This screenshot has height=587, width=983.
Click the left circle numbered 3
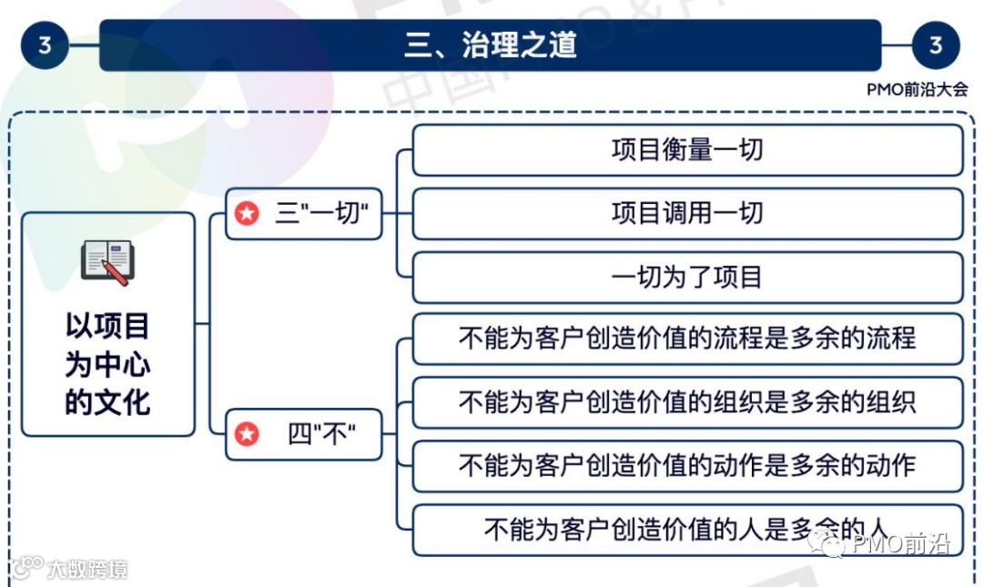click(x=45, y=45)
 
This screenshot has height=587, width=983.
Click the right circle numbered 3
click(x=936, y=45)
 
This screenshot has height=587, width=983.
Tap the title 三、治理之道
click(x=491, y=45)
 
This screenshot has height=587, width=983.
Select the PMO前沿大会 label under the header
click(x=917, y=89)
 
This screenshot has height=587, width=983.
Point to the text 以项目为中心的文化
click(x=107, y=364)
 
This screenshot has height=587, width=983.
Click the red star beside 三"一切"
click(x=247, y=214)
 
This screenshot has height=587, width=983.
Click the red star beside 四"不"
click(x=247, y=434)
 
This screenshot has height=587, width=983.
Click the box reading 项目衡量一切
click(x=687, y=150)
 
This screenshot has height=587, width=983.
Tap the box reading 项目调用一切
click(x=687, y=214)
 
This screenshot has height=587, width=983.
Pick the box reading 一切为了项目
click(x=687, y=277)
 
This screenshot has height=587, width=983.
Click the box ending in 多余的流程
click(x=687, y=339)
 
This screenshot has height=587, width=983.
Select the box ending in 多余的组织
click(x=687, y=402)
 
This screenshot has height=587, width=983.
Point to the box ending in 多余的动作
click(x=687, y=466)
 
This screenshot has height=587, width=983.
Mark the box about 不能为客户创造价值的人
click(x=687, y=530)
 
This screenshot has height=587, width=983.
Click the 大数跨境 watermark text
click(x=87, y=570)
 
